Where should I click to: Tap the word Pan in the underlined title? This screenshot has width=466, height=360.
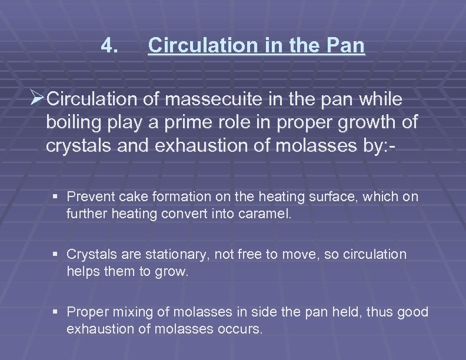(x=347, y=45)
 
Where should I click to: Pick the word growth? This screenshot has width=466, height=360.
(x=363, y=122)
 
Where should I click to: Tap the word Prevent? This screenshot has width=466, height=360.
(x=89, y=196)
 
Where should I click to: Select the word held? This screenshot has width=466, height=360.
(x=341, y=312)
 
